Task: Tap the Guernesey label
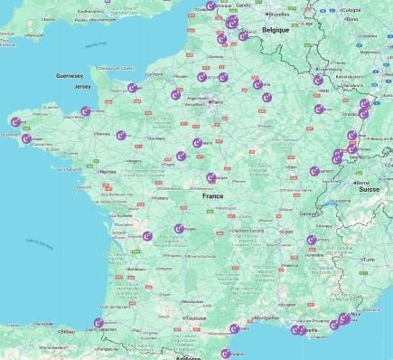tap(70, 76)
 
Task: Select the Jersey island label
tap(83, 88)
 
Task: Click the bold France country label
tap(212, 196)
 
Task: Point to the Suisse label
tap(370, 190)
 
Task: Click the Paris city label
tap(217, 102)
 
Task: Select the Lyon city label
tap(287, 232)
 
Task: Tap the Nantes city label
tap(108, 171)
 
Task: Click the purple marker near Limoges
tap(179, 229)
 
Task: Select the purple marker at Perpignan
tap(226, 354)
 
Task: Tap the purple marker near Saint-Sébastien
tap(99, 323)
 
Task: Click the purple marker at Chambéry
tap(312, 240)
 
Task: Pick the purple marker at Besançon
tap(314, 170)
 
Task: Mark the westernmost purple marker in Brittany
tap(14, 121)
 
